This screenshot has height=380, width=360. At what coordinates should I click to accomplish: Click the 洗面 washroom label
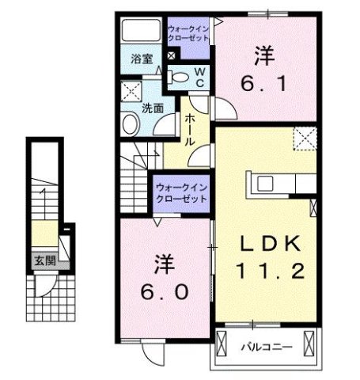(x=153, y=108)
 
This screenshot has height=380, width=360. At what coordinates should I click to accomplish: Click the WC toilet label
(x=200, y=77)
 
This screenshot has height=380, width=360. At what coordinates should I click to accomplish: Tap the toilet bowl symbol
(x=181, y=78)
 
